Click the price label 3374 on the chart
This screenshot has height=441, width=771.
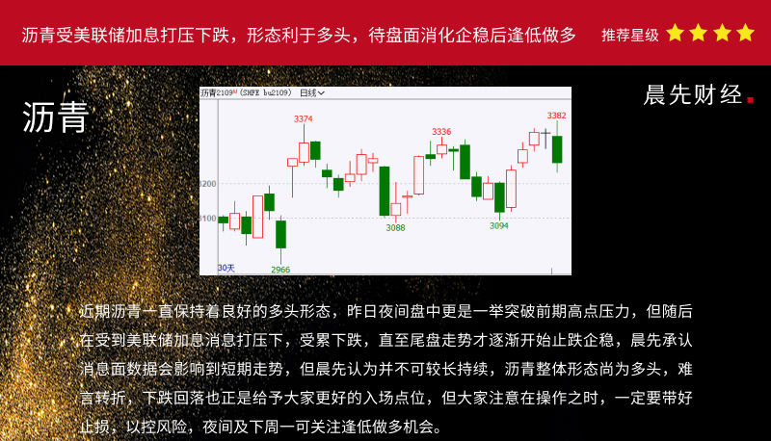303,118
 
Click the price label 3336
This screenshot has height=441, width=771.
441,132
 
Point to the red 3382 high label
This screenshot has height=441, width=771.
557,116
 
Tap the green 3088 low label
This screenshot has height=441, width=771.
395,228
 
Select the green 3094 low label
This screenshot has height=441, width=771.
498,226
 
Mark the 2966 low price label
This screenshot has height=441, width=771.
280,270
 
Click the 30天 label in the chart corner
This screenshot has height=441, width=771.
226,268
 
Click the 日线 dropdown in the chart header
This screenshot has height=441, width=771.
312,92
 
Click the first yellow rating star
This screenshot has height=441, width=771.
676,33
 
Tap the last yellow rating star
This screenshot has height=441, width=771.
745,33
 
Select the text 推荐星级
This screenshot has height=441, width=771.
630,35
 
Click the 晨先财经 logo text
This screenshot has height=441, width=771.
692,94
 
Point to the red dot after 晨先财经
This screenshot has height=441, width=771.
751,100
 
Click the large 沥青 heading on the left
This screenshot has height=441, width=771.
56,117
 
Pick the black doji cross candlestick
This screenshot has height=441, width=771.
545,138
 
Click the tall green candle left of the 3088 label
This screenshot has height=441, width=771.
385,191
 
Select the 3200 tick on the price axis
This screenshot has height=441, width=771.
208,184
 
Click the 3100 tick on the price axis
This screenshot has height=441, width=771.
208,218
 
